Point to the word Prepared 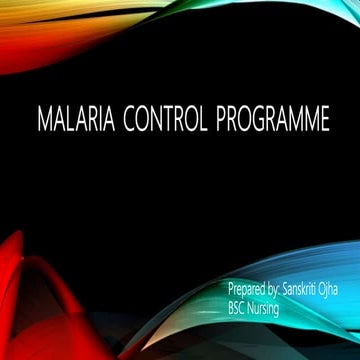tap(248, 290)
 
